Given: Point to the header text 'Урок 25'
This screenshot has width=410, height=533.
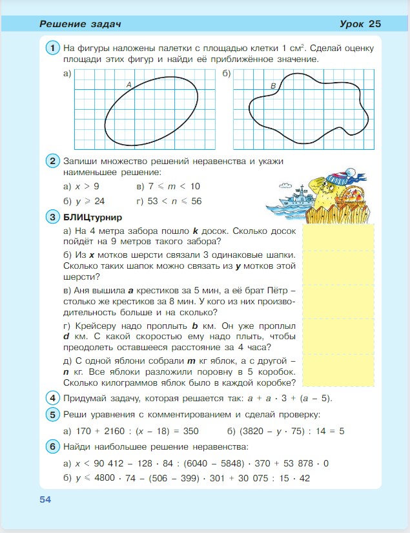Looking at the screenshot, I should (360, 24).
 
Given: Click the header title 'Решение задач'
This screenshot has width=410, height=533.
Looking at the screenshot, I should (81, 25).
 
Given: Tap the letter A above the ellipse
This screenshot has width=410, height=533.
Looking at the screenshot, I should (128, 85).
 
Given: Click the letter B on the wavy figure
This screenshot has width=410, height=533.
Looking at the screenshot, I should (273, 86).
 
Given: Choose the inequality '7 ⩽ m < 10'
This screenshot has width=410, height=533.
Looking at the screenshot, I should (174, 187).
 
